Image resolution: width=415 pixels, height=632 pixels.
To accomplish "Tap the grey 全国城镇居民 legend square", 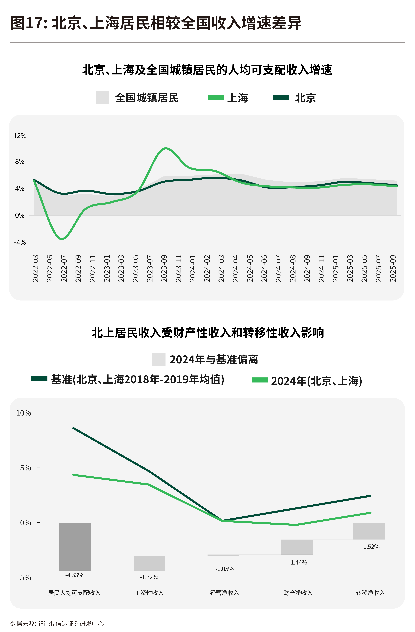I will (x=103, y=98).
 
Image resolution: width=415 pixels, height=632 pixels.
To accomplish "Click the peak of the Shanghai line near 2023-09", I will (x=166, y=148).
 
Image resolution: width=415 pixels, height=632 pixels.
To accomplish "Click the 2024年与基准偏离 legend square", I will (x=159, y=359).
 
